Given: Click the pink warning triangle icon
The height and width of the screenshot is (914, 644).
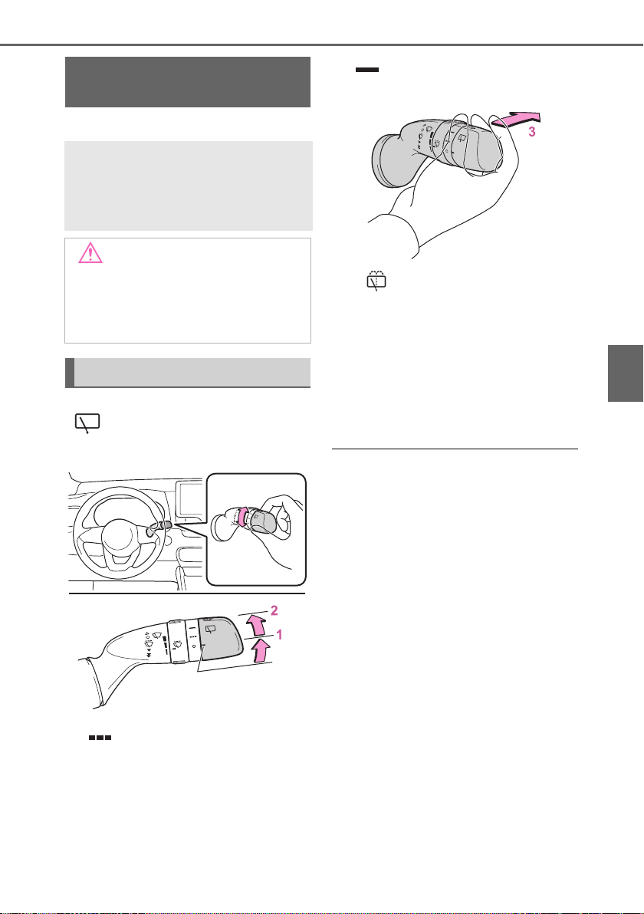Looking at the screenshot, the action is [90, 253].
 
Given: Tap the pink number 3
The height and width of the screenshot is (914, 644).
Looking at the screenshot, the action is [531, 133].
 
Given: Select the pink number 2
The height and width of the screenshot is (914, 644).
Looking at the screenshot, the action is [274, 610].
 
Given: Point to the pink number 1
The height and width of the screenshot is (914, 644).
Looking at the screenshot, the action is [279, 634].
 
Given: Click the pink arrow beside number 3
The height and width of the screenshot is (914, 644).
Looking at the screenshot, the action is [517, 120].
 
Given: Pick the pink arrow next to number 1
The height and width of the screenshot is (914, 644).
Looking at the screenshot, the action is [262, 650].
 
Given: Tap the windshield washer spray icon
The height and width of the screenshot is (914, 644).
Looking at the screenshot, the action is [376, 281].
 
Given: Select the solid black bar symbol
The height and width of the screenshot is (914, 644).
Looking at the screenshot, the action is [367, 70].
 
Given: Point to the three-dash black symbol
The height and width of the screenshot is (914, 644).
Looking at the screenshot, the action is [100, 738].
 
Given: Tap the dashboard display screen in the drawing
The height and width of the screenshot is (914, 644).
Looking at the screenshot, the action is [190, 499].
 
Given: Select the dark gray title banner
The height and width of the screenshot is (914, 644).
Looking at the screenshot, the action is [188, 82].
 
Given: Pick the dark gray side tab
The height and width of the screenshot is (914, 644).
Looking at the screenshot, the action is [626, 373].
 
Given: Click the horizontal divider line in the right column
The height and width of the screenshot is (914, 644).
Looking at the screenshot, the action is [455, 449].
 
